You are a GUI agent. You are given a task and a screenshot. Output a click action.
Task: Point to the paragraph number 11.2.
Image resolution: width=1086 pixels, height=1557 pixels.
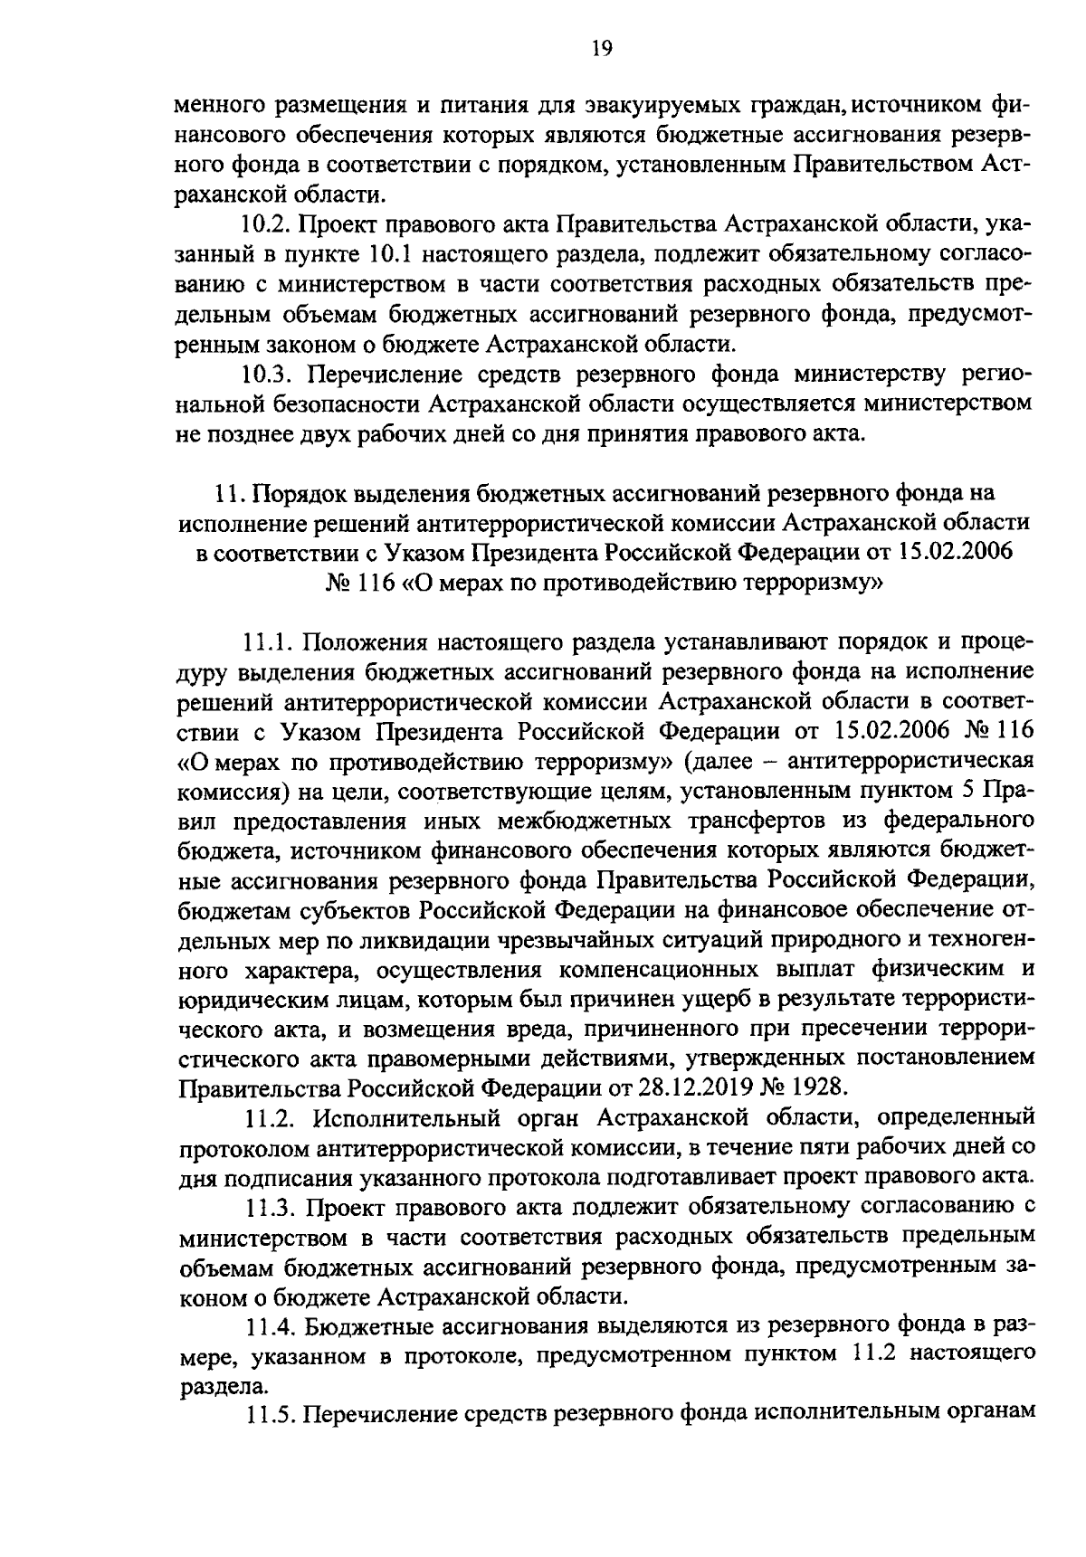click(x=270, y=1118)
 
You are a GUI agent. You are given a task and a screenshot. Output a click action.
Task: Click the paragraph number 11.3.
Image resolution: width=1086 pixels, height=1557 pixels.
click(x=270, y=1207)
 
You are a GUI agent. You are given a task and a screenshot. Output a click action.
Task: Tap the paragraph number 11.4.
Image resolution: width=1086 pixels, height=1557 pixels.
click(x=270, y=1326)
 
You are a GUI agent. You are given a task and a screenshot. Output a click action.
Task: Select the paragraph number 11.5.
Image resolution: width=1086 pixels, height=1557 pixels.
click(x=270, y=1416)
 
